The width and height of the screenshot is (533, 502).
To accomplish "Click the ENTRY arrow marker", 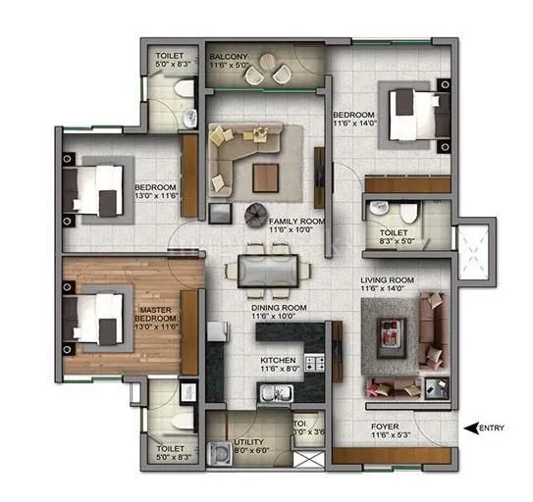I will point(470,427).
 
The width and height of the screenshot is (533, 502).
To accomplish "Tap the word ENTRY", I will point(494,427).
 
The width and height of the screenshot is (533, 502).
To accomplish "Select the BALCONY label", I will point(228,58).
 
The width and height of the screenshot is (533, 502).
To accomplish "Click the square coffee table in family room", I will point(266,177).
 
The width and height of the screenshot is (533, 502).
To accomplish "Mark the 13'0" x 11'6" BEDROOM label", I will point(155,192).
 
